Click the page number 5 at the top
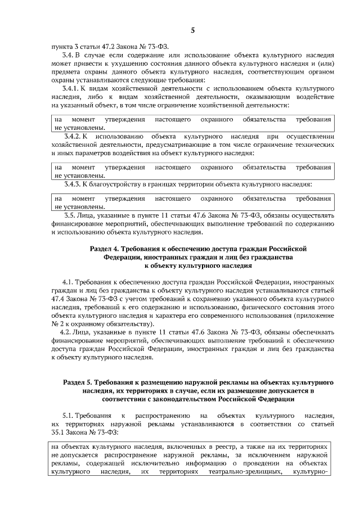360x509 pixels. [x=192, y=31]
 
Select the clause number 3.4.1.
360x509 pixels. [x=74, y=89]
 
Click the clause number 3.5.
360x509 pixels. [x=72, y=215]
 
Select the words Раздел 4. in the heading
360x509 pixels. [x=106, y=248]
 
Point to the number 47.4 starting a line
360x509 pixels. [x=58, y=299]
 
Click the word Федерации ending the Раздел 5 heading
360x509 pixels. [x=274, y=399]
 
